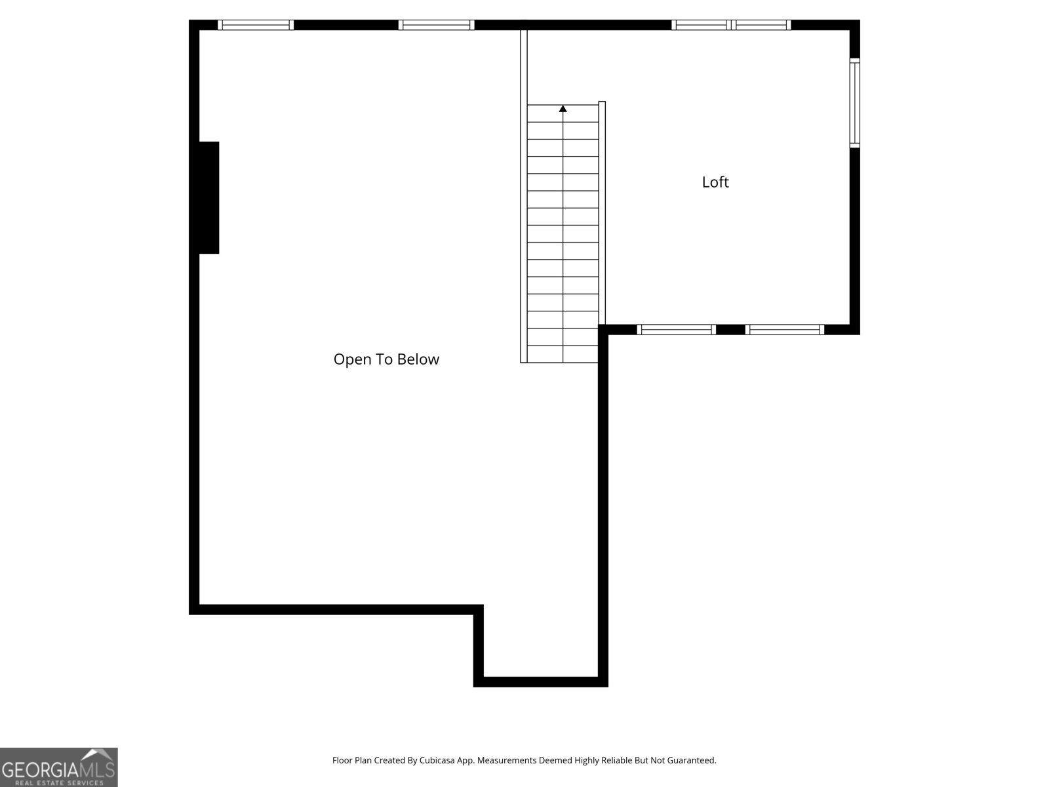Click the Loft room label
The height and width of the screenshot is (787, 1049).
(715, 182)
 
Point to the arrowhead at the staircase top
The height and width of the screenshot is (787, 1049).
(563, 108)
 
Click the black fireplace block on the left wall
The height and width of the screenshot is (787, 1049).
(208, 197)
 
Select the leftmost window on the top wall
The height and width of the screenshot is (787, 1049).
(255, 25)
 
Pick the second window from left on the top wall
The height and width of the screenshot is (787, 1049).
(436, 25)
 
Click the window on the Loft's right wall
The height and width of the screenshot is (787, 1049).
(854, 103)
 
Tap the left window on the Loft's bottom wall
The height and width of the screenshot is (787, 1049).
(676, 330)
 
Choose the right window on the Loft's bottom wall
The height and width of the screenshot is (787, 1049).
(784, 330)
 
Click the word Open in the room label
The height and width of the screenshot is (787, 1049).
(352, 359)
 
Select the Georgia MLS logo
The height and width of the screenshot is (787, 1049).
(58, 767)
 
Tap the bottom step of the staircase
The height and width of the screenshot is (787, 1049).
(563, 354)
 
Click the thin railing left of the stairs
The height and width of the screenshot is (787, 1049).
(523, 197)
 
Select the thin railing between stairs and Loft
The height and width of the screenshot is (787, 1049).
(602, 210)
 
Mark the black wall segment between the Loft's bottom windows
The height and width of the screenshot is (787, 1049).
(730, 330)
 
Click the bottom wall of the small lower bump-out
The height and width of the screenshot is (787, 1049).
(540, 682)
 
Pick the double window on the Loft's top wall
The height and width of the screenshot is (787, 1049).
(731, 25)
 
